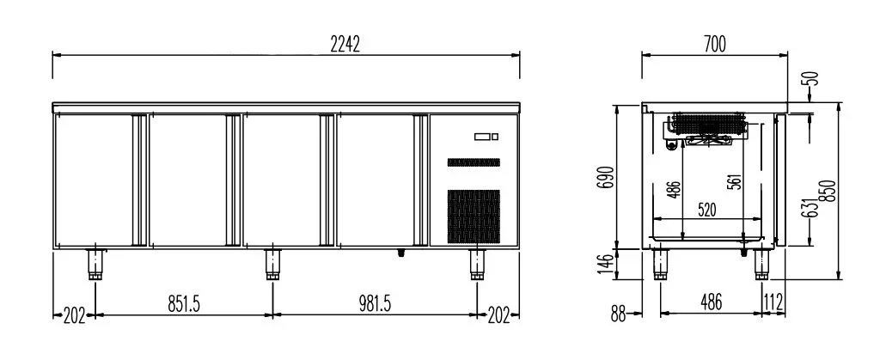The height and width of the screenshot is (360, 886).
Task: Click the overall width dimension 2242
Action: click(x=345, y=44)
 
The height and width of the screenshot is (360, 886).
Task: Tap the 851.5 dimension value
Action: click(x=184, y=304)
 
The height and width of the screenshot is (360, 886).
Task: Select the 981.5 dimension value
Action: click(x=374, y=304)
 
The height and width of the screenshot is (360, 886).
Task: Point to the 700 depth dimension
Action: click(x=715, y=44)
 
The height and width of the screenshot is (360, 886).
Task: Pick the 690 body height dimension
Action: click(x=605, y=180)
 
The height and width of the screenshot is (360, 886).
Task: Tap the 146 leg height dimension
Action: click(x=605, y=264)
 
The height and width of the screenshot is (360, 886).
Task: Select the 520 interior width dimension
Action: click(x=707, y=211)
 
